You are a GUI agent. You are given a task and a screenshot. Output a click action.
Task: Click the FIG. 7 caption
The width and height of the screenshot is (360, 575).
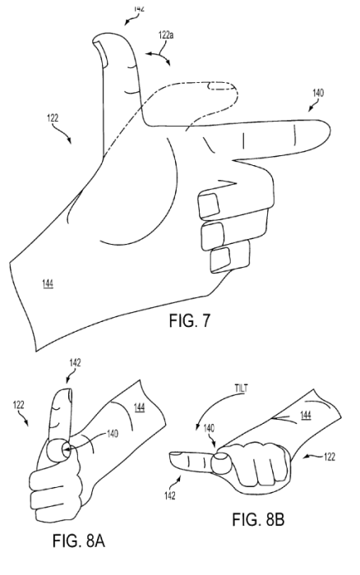[x=190, y=320]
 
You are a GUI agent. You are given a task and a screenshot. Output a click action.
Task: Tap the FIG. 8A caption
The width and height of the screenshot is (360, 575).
[x=79, y=540]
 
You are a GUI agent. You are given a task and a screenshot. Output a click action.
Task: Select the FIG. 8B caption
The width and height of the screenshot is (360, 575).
[x=258, y=519]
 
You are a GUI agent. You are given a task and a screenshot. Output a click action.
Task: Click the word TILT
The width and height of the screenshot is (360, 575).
[x=241, y=389]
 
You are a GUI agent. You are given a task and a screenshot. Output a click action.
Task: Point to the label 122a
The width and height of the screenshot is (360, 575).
[x=166, y=35]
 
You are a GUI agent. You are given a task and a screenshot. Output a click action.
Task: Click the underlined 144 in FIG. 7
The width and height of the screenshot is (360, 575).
[x=48, y=283]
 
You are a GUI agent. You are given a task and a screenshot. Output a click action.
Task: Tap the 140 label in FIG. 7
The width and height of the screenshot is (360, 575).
[x=318, y=93]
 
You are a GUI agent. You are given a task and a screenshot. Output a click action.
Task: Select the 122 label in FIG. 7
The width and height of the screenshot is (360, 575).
[x=53, y=118]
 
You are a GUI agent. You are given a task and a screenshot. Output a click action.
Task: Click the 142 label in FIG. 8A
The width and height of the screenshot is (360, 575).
[x=75, y=363]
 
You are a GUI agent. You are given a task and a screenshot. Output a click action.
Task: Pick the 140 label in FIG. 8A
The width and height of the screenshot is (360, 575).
[x=113, y=434]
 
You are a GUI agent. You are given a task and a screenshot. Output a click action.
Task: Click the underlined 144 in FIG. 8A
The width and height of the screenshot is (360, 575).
[x=139, y=407]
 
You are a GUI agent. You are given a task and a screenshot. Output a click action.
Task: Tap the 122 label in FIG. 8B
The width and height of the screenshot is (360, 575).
[x=330, y=457]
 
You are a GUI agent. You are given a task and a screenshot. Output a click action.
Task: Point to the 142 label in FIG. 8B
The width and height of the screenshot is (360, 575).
[x=169, y=496]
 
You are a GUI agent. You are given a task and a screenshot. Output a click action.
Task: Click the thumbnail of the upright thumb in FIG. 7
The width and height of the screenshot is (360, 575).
[x=100, y=54]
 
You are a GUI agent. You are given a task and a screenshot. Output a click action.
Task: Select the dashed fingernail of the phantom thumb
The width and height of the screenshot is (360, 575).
[x=221, y=86]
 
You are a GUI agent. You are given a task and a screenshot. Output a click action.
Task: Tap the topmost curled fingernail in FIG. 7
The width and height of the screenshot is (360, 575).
[x=209, y=205]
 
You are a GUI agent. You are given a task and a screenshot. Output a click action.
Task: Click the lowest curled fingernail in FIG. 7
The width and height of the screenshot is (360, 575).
[x=220, y=260]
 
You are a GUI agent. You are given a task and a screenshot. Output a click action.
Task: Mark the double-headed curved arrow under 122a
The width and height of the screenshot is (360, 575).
[x=159, y=56]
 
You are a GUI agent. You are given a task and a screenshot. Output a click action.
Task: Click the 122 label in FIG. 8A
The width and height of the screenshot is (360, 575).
[x=18, y=405]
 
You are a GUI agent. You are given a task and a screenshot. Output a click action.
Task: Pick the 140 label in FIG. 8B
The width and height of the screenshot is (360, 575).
[x=209, y=428]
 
